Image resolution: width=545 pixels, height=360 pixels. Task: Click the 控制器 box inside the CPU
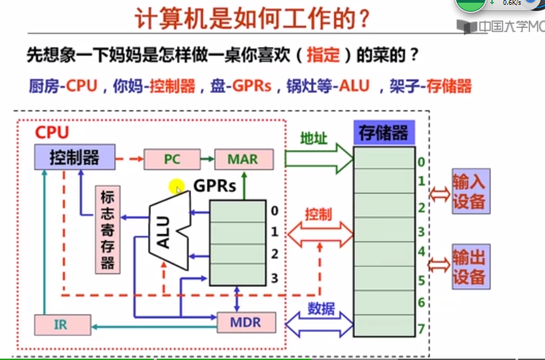pos(74,158)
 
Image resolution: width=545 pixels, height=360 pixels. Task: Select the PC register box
pos(171,159)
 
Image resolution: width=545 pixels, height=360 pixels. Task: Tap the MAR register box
pos(243,159)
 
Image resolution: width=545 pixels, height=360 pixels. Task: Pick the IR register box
pos(61,324)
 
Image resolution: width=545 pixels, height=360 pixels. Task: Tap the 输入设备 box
pos(469,192)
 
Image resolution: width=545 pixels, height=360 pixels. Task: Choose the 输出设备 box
pos(469,267)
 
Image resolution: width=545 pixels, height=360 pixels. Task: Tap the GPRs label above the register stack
pos(214,185)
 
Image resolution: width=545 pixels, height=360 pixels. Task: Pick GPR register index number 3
pos(274,277)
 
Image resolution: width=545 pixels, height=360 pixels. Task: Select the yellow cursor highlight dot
pos(177,186)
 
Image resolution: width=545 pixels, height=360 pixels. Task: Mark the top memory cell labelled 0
pos(384,159)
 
